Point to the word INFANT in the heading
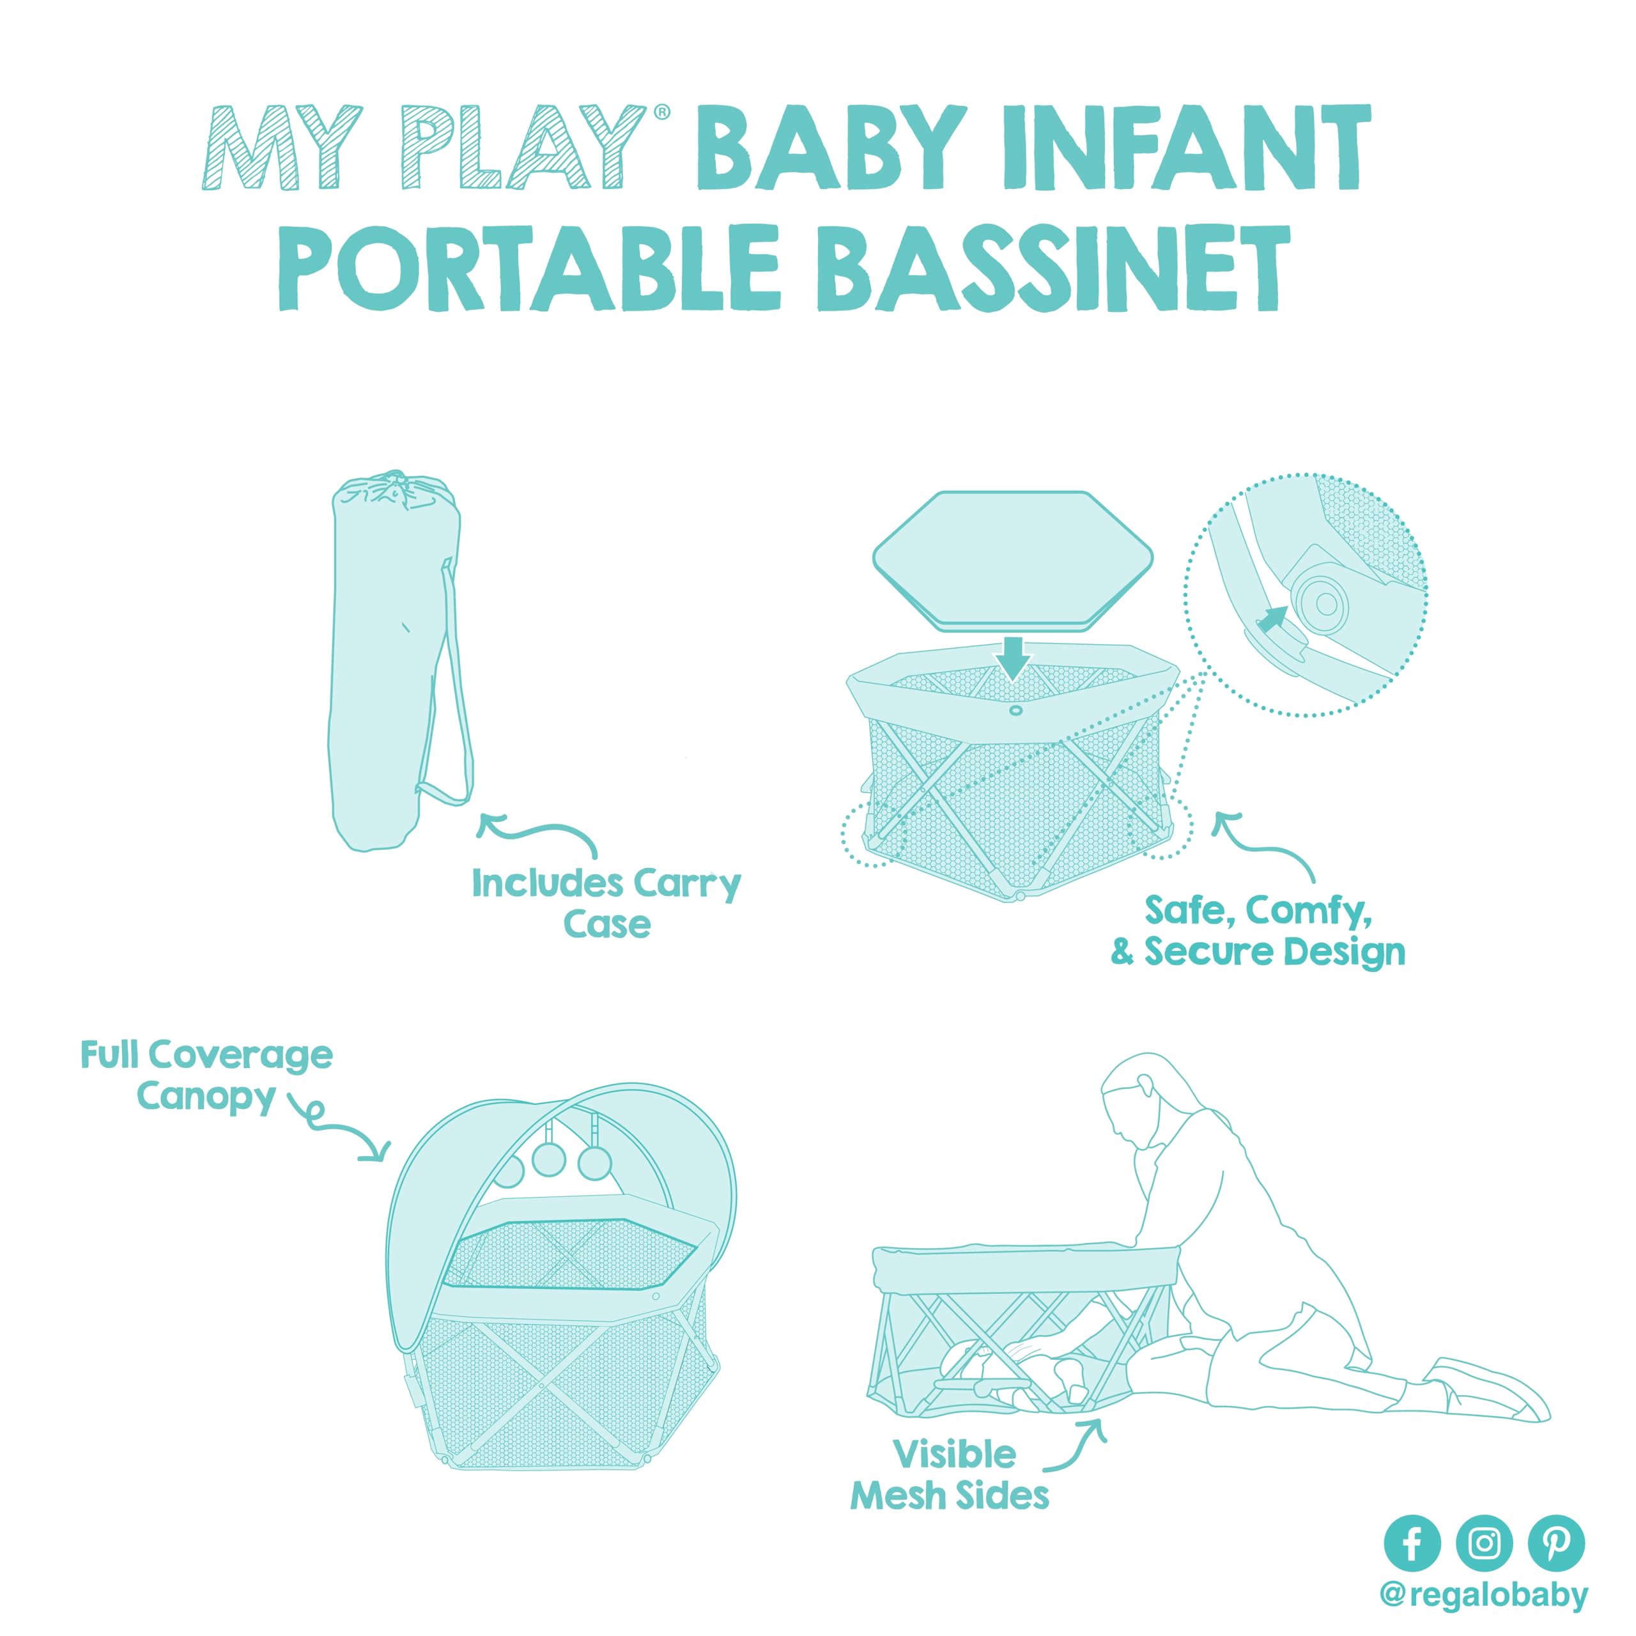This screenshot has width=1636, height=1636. (x=1186, y=148)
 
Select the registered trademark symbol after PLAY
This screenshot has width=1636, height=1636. (x=662, y=112)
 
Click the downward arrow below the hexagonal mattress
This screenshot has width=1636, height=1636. (x=1013, y=657)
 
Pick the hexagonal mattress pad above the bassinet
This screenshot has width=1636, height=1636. (x=1013, y=560)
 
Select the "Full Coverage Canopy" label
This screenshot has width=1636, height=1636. (x=206, y=1076)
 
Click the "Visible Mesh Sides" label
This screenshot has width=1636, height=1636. (x=950, y=1475)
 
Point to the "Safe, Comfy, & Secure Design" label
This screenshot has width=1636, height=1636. (x=1258, y=930)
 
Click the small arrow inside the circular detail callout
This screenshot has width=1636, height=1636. (x=1271, y=620)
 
